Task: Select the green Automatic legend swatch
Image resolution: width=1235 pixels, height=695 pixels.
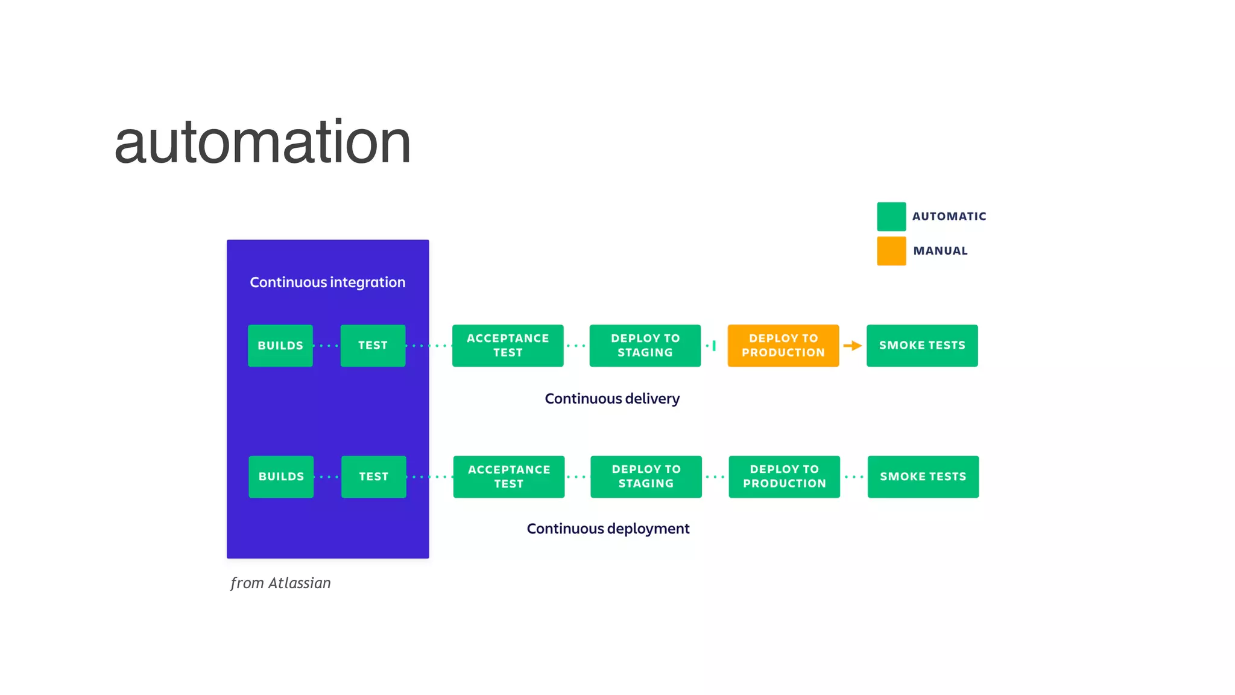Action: click(891, 217)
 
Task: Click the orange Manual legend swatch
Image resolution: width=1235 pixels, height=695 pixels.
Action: click(891, 251)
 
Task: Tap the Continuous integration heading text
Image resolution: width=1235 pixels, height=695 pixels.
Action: click(327, 282)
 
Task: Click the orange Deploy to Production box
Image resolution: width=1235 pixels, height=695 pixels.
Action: click(783, 346)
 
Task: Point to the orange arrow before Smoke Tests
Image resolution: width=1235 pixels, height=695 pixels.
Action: click(852, 346)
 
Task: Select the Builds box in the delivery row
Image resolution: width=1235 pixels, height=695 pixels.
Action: click(280, 346)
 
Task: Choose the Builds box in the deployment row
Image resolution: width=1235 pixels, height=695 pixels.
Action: click(281, 477)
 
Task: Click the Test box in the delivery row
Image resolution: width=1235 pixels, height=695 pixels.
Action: click(373, 346)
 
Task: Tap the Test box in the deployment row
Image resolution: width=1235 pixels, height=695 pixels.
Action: click(373, 477)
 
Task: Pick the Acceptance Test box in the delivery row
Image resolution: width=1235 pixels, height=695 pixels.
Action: click(508, 346)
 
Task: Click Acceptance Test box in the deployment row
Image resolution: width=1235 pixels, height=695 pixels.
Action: click(508, 477)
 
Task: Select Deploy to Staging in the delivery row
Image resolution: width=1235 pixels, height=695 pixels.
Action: click(645, 346)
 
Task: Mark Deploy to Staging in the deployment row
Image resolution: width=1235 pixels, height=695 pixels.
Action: click(646, 477)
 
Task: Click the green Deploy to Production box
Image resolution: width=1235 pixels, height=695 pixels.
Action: click(784, 477)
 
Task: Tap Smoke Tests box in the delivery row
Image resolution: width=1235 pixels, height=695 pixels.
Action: click(922, 346)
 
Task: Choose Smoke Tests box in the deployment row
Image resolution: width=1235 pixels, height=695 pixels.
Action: click(923, 477)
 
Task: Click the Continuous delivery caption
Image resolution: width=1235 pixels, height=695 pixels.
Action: click(612, 399)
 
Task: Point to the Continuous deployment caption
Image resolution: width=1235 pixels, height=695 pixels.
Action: click(608, 529)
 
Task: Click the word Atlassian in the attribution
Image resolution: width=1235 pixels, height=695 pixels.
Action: click(300, 583)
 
